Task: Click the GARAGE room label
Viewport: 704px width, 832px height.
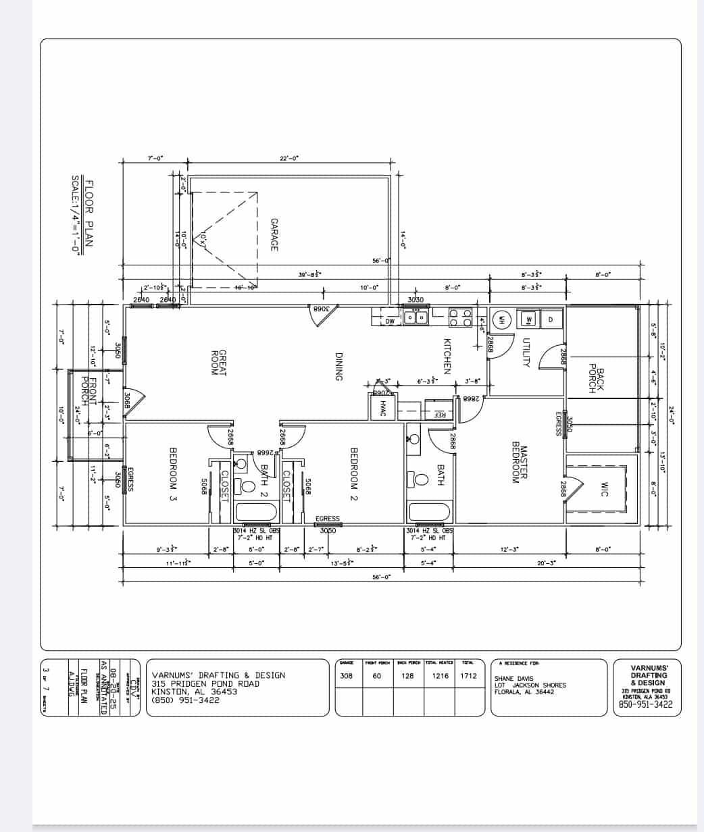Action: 274,234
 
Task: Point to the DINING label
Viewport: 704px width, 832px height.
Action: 339,367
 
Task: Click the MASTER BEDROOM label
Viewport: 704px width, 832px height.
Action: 519,463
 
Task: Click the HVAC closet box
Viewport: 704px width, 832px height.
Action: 382,409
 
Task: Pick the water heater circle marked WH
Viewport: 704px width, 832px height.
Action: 502,319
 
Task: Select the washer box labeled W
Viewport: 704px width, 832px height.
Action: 530,319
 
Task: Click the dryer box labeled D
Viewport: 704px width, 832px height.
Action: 551,319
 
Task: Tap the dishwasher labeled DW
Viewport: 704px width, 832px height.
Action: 390,321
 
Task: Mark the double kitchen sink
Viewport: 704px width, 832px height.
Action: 416,316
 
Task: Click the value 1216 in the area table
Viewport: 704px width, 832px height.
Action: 440,675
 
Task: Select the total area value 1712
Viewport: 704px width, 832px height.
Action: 468,675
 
